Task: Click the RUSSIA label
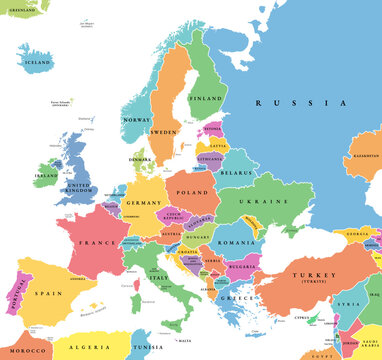(300, 103)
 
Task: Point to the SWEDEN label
(164, 132)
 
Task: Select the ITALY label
(157, 277)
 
